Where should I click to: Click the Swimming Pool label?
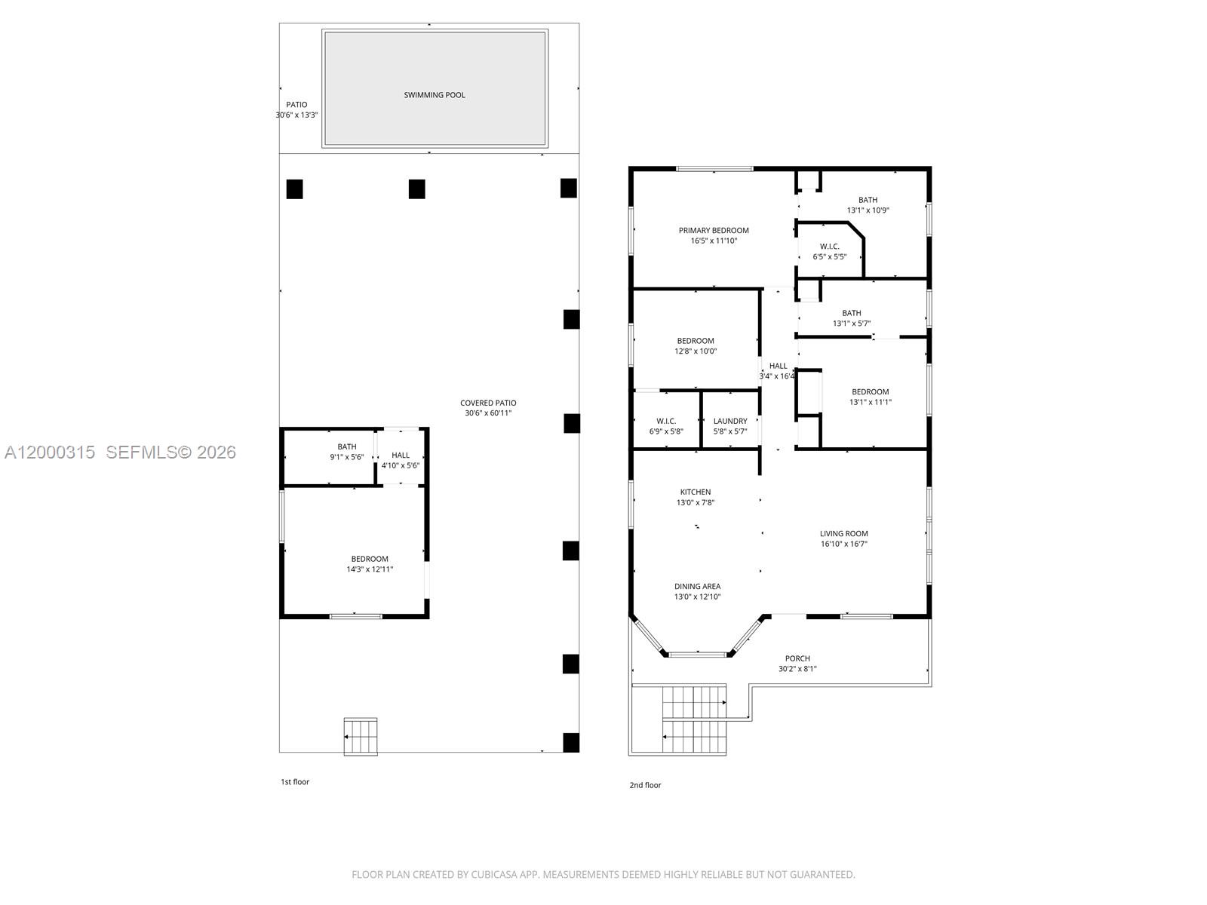(435, 95)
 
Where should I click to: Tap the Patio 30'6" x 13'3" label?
(296, 110)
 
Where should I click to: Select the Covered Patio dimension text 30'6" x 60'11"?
(489, 413)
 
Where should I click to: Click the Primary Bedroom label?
(714, 231)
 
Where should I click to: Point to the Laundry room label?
(730, 422)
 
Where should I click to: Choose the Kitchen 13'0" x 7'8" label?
(695, 497)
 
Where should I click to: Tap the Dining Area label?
(697, 587)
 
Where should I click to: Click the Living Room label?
(844, 534)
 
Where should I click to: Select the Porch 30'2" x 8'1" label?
(797, 664)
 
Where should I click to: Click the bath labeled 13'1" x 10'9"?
(868, 205)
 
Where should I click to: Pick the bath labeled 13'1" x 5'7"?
(852, 318)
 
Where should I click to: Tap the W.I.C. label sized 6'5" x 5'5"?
(830, 251)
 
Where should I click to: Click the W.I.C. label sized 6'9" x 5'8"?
(666, 426)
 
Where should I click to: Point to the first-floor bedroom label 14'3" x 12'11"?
(370, 564)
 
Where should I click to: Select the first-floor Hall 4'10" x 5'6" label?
(401, 460)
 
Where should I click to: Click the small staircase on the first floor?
(361, 736)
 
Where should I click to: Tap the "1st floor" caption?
(295, 782)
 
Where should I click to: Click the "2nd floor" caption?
(645, 785)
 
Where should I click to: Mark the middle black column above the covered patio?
(416, 189)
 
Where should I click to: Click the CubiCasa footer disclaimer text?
(603, 875)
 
